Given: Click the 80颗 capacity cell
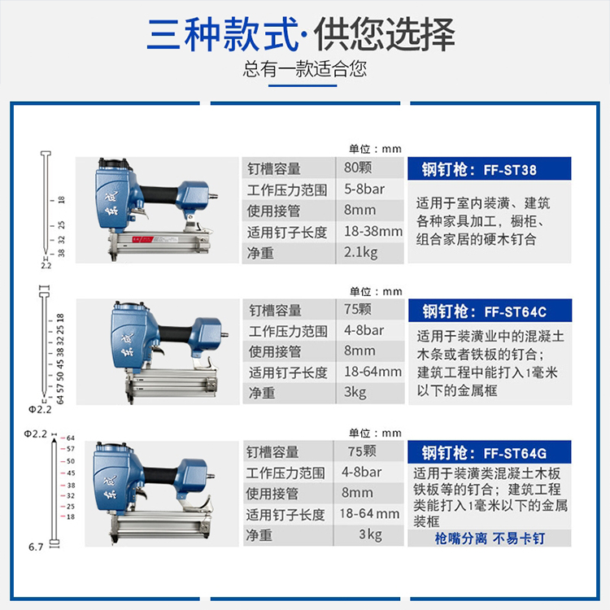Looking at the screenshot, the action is point(358,168).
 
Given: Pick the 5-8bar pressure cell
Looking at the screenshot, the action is point(364,189).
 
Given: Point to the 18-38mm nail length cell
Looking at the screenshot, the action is point(373,231).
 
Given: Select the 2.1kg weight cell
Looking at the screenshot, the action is point(360,252).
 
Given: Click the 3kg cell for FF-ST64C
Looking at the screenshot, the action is point(355,392).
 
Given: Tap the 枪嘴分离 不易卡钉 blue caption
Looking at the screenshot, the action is point(490,538).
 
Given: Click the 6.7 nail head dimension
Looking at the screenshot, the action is point(36,547).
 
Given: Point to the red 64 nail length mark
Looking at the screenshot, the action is point(71,438).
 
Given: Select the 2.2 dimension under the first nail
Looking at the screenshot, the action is point(46,266).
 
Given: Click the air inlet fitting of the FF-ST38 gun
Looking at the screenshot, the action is point(213,196).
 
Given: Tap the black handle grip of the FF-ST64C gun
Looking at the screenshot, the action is point(175,333).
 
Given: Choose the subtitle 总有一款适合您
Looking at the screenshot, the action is point(305,69).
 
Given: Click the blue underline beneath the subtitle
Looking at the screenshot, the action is point(303,85).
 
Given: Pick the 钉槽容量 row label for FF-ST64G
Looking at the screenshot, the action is point(272,451).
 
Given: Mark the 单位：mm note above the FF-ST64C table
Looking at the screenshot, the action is point(376,291).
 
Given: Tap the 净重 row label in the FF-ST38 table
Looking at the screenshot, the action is point(260,253).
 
